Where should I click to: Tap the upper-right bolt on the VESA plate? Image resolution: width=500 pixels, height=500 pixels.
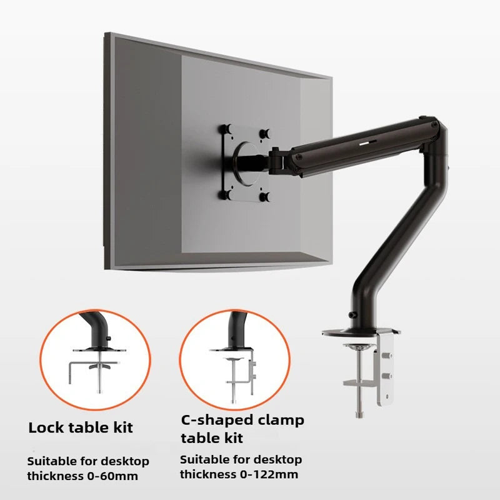coord(265,133)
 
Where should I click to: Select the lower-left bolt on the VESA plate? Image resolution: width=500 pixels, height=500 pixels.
coord(225,194)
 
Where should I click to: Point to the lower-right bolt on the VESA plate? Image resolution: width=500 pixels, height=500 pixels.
coord(264,197)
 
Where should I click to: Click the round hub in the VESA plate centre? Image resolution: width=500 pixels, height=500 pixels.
coord(247,164)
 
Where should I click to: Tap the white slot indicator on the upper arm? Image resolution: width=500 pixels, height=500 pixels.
coord(367,142)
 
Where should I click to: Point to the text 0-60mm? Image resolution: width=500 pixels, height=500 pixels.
coord(112,476)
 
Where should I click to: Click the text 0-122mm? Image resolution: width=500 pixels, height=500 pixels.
coord(269,474)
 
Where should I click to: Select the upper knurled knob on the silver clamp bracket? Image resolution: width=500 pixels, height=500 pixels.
coord(386,356)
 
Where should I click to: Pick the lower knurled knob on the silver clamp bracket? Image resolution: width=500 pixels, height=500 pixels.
coord(386,376)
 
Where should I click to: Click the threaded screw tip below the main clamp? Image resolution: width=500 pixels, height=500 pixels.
coord(359,414)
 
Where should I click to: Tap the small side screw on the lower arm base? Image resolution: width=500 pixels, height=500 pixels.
coord(352,315)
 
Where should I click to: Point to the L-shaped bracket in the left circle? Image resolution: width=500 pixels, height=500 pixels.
coord(82,370)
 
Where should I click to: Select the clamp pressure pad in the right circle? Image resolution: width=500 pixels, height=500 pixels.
coord(235,360)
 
